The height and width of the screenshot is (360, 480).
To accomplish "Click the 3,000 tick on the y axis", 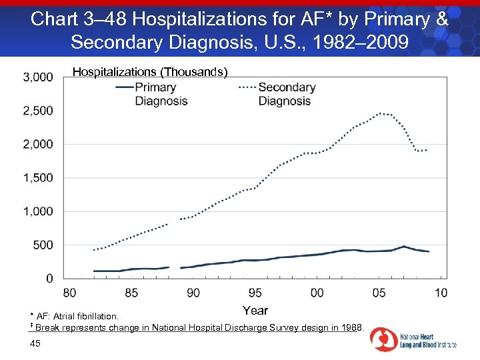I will click(x=38, y=77).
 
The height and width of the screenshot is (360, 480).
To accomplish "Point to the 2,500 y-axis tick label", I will click(x=38, y=111).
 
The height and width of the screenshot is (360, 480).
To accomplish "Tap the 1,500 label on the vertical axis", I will click(x=38, y=178).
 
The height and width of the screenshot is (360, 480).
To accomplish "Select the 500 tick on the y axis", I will click(x=43, y=245).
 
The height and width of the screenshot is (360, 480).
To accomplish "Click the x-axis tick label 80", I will click(x=69, y=293).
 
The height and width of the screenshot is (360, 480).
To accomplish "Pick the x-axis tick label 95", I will click(x=255, y=293).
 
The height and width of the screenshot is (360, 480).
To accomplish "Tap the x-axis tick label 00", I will click(x=317, y=293).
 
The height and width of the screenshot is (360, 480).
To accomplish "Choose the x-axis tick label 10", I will click(x=441, y=293).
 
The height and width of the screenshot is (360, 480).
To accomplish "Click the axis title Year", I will click(x=255, y=311).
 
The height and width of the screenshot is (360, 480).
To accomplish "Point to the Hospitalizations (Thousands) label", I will click(x=150, y=71).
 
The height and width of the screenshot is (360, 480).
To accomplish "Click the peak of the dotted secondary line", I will click(x=380, y=113).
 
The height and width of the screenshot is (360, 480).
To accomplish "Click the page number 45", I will click(x=35, y=343).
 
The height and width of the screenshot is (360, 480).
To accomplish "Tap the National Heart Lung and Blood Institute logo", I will click(x=413, y=339).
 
